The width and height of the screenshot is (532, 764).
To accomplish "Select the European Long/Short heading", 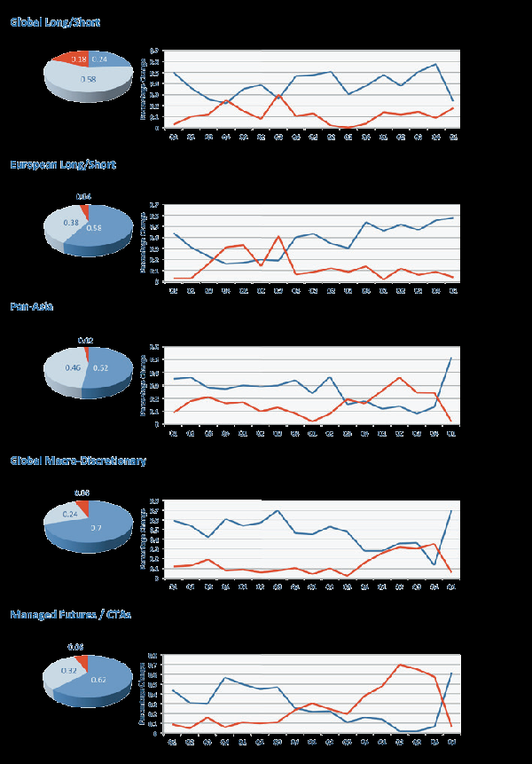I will click(x=63, y=164).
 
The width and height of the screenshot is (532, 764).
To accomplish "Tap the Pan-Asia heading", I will click(x=32, y=307).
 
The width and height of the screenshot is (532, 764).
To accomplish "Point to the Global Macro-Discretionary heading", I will click(x=78, y=461).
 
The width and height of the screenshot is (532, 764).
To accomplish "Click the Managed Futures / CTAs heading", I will click(x=71, y=614).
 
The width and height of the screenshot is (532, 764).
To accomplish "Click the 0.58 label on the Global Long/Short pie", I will click(x=88, y=80).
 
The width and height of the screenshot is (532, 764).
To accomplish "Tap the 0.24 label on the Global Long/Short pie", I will click(x=99, y=59).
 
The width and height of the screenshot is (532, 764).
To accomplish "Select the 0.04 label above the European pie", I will click(x=84, y=196).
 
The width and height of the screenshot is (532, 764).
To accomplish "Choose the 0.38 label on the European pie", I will click(x=72, y=224).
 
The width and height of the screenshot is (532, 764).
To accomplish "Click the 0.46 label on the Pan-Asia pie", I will click(x=73, y=366).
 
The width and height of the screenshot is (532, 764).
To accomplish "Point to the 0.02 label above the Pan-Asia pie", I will click(x=85, y=340).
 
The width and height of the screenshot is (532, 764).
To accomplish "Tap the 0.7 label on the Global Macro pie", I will click(x=96, y=527).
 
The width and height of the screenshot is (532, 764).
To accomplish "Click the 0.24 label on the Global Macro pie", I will click(x=71, y=514).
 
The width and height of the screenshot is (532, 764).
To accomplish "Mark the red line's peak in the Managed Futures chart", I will click(x=401, y=665).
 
